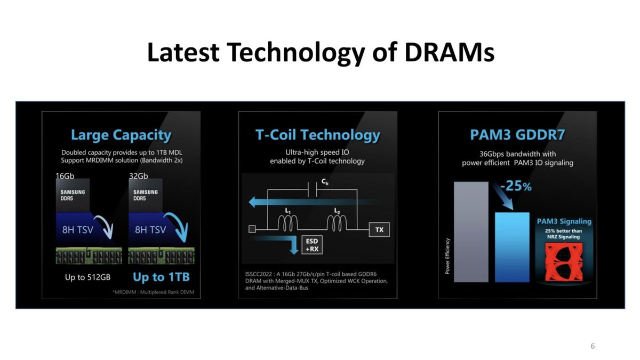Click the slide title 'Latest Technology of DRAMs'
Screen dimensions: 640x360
(321, 53)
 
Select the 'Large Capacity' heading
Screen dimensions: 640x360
(121, 135)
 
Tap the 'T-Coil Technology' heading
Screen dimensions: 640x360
(318, 135)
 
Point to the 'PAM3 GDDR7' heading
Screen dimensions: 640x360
(517, 134)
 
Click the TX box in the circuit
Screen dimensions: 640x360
(379, 230)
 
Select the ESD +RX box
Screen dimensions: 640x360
(312, 245)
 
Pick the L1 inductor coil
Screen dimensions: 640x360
(287, 223)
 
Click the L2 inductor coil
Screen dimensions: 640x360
(337, 223)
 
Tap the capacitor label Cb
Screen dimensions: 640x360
(325, 182)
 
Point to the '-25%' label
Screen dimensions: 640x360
(516, 186)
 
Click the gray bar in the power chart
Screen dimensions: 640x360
(471, 232)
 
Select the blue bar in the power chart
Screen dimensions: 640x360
(512, 247)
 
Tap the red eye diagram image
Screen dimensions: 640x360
(564, 262)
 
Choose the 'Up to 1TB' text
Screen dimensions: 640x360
(161, 277)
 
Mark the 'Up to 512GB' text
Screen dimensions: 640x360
(87, 277)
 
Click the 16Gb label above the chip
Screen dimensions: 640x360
(65, 175)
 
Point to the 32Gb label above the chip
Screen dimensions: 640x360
(139, 175)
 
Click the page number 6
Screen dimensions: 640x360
(593, 346)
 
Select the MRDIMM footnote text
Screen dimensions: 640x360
(154, 292)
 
